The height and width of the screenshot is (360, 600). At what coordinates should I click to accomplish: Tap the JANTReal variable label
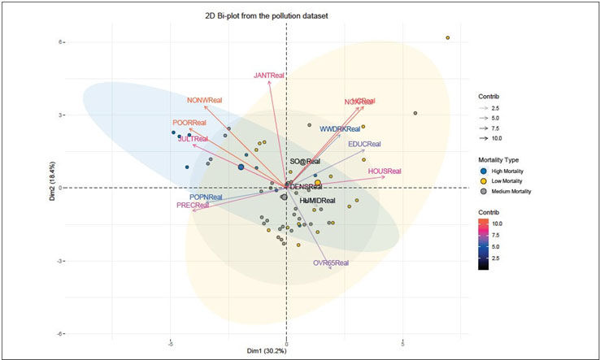269,75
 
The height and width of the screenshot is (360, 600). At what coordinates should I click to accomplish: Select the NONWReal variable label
204,100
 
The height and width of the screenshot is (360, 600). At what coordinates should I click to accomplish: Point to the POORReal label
189,122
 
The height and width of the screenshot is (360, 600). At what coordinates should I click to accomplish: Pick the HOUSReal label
385,171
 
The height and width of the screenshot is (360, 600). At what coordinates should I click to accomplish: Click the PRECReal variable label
193,206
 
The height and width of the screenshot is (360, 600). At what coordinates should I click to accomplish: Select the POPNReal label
206,197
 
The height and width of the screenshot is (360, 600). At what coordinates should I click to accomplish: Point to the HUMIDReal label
317,200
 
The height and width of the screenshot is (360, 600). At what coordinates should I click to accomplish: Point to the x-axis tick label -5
170,342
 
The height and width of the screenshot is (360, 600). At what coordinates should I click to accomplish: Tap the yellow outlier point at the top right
447,38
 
